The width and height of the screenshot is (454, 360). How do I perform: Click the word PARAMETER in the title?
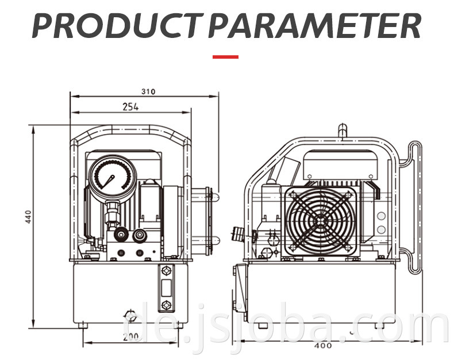pos(315,25)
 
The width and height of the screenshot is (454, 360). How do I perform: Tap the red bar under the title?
pos(225,57)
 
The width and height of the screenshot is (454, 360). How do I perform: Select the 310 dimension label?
pos(148,91)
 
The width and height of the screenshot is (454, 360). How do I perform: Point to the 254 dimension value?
pos(130,107)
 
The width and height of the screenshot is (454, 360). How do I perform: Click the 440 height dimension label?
pos(28,217)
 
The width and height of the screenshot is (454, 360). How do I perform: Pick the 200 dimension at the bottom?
pos(131,337)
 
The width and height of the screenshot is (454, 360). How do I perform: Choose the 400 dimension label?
pos(323,346)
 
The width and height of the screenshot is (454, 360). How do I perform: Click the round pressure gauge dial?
pos(112,177)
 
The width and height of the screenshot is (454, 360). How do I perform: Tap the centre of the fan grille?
pos(320,221)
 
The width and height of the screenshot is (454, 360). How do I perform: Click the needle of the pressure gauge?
pos(108,182)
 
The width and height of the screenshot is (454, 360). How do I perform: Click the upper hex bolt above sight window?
pos(166,271)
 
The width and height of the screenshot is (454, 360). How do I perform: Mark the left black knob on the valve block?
pos(121,235)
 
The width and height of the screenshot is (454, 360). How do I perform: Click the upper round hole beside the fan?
pos(382,216)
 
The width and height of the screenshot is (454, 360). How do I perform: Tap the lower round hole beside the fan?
pos(382,230)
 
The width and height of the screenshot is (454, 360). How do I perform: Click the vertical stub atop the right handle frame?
pos(343,131)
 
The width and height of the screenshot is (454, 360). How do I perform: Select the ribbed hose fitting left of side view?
pos(237,233)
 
